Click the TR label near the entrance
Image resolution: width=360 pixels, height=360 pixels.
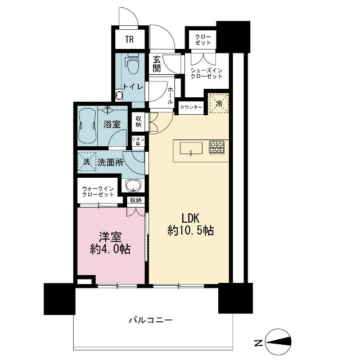[130, 40]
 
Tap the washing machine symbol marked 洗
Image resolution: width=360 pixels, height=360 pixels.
[87, 162]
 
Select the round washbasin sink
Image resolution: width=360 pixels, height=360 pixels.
[133, 186]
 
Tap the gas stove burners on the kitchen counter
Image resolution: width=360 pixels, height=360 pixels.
[217, 147]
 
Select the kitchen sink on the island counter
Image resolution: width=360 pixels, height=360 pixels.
[191, 148]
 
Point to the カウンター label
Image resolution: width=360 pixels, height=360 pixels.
[191, 107]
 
